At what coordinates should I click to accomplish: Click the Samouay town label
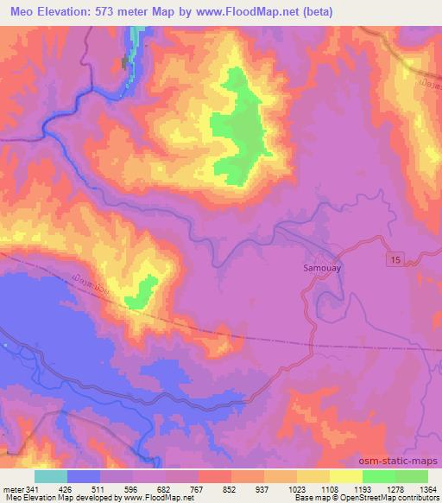tap(325, 269)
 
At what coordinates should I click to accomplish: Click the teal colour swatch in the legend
tap(51, 476)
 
